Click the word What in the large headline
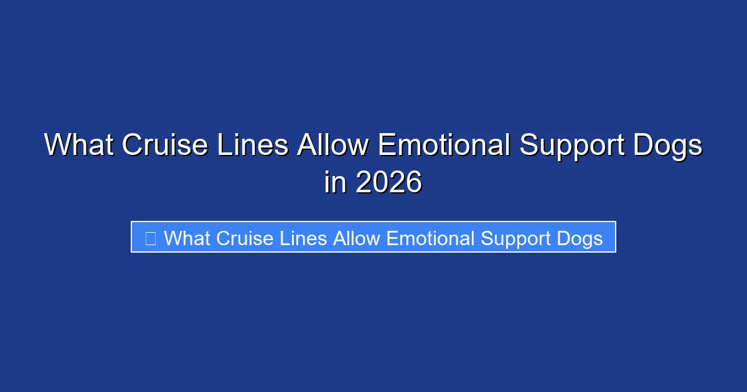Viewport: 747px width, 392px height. coord(79,146)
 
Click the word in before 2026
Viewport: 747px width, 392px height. coord(336,182)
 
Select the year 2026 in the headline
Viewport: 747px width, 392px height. coord(389,182)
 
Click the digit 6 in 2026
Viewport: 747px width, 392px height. coord(414,182)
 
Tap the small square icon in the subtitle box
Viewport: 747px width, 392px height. coord(151,238)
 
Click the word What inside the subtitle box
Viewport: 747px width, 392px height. coord(187,238)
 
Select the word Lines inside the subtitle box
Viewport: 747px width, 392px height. coord(304,238)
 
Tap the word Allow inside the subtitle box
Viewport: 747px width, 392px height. coord(357,238)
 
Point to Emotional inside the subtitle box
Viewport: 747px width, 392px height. coord(431,238)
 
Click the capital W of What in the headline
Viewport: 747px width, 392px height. coord(58,146)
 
